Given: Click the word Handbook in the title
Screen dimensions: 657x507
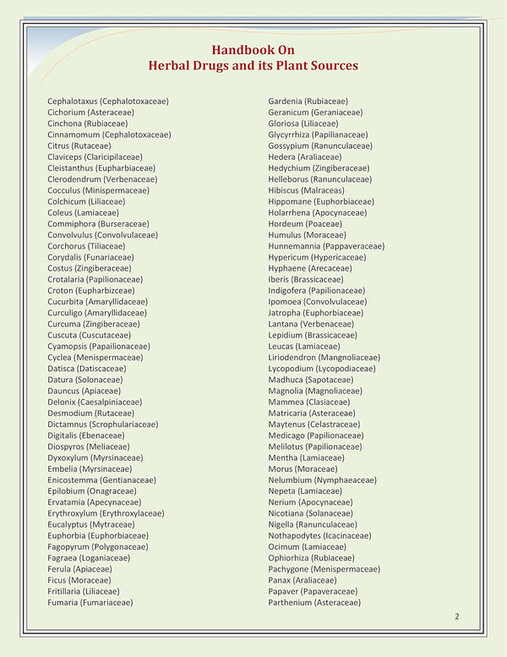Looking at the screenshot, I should tap(241, 49).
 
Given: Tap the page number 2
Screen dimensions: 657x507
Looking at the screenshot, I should tap(457, 617).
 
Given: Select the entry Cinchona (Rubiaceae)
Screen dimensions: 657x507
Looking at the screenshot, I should tap(88, 123).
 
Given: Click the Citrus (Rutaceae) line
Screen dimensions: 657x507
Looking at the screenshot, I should tap(79, 145).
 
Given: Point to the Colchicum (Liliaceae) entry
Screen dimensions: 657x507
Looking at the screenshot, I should tap(89, 201).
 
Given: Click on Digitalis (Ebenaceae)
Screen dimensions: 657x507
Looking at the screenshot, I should tap(86, 435).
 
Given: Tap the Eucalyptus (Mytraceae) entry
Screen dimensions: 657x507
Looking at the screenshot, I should tap(94, 524).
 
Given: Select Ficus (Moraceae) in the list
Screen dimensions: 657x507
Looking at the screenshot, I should tap(79, 580).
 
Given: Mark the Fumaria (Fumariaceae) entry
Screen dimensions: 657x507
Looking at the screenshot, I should tap(90, 603).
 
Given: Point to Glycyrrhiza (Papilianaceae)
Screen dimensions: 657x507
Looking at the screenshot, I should tap(318, 134).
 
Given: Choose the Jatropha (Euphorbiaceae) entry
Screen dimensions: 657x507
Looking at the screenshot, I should tap(316, 313).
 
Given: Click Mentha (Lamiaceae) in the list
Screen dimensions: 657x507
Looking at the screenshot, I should tap(306, 457).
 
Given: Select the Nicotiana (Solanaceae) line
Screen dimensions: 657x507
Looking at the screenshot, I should tap(310, 513).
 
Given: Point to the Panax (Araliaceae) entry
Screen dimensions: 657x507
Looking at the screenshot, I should tap(303, 580).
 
